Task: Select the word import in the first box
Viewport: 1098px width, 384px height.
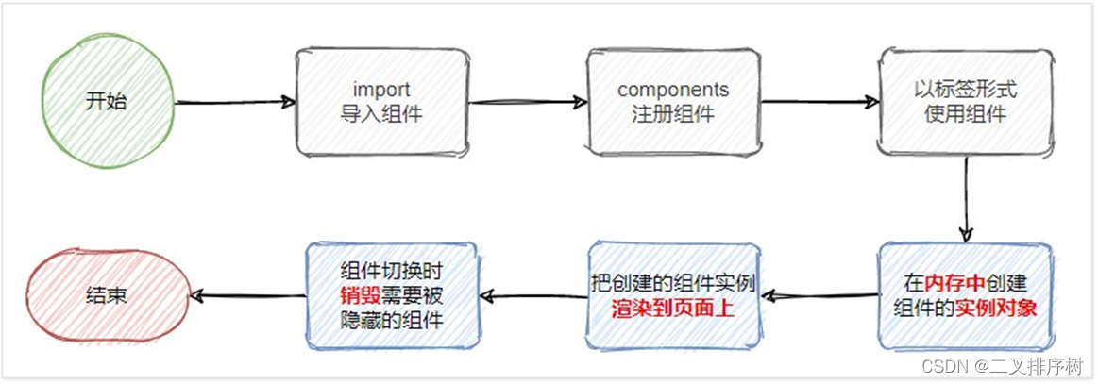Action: [x=381, y=90]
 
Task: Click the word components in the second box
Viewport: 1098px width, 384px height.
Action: [x=673, y=90]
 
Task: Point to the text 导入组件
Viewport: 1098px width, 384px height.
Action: [x=381, y=114]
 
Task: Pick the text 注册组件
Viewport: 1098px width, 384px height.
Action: [x=673, y=114]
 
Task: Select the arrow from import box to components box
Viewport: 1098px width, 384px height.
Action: [x=526, y=102]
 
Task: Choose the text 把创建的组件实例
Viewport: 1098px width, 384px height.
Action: [x=673, y=282]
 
